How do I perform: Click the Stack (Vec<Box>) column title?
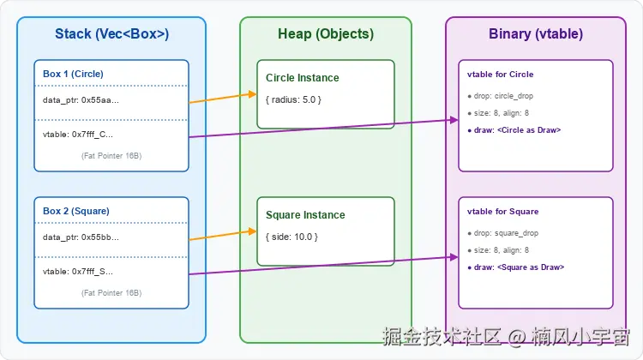(x=111, y=34)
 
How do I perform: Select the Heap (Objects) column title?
(x=326, y=34)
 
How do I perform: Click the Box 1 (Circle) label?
(x=73, y=73)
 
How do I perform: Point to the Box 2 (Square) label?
(x=76, y=210)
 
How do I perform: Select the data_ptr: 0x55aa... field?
(x=81, y=100)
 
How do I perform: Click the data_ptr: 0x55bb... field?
(x=81, y=237)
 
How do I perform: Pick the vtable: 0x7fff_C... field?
(x=77, y=135)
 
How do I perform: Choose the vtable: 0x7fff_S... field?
(x=77, y=272)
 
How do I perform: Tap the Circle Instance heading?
(x=302, y=78)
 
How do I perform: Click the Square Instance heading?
(x=305, y=215)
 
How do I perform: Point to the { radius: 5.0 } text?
(x=293, y=99)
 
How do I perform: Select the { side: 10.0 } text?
(x=291, y=237)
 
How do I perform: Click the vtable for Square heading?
(x=502, y=211)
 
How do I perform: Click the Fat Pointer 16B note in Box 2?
(x=111, y=293)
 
